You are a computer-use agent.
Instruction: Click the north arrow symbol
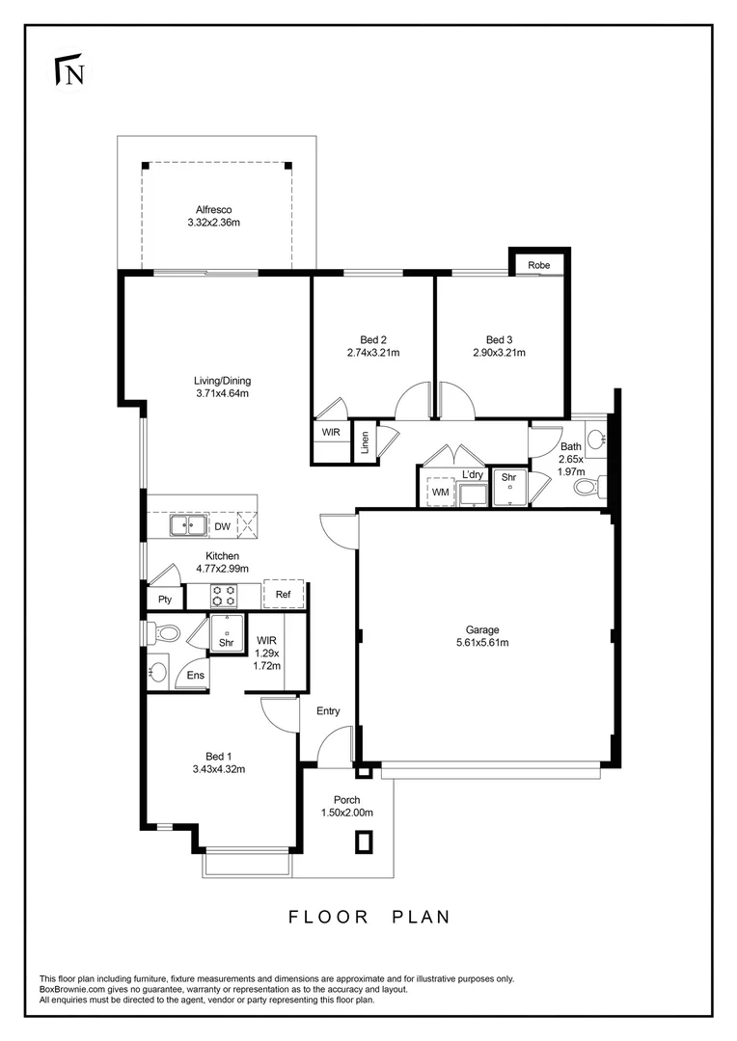click(68, 72)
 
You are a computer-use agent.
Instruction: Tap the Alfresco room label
click(213, 209)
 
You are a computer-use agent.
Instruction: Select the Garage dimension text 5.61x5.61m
click(481, 643)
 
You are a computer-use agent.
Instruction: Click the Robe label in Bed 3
click(538, 265)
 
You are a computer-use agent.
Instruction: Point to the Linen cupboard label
click(365, 442)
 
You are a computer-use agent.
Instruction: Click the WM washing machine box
click(440, 492)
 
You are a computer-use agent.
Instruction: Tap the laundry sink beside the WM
click(473, 494)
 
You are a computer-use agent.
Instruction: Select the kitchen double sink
click(188, 525)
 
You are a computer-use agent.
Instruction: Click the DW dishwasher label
click(222, 526)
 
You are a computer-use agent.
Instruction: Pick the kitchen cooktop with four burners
click(225, 595)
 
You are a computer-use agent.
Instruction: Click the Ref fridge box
click(283, 595)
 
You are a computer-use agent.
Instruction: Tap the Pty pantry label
click(165, 600)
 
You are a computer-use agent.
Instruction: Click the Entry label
click(328, 711)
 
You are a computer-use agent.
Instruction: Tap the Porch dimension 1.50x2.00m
click(346, 813)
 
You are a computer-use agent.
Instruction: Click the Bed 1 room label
click(218, 756)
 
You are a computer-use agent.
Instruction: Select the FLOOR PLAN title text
click(369, 917)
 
